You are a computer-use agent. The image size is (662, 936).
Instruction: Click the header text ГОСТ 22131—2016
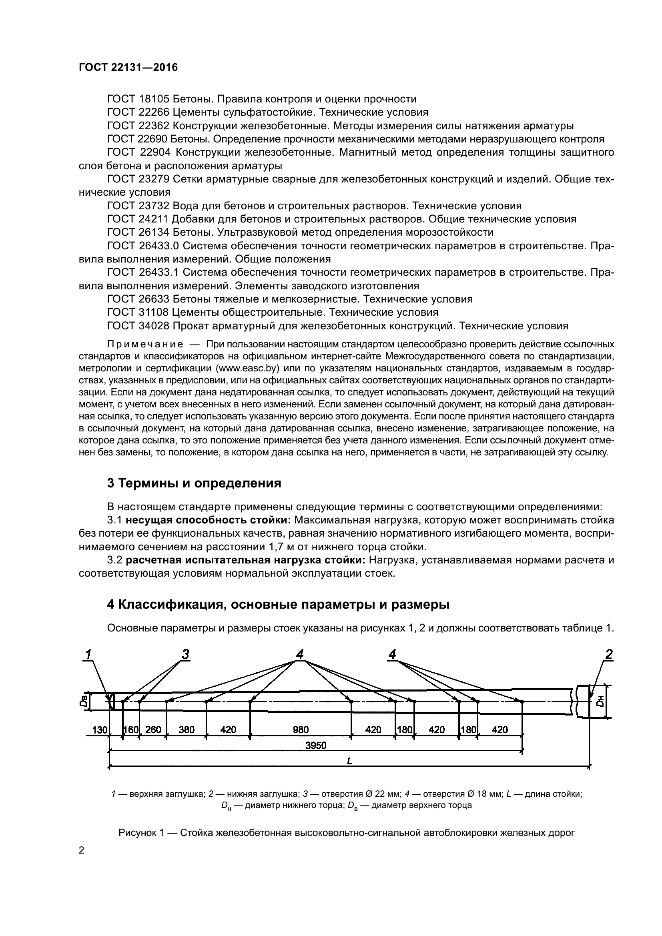click(128, 68)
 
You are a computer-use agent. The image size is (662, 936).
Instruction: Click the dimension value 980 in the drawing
click(301, 730)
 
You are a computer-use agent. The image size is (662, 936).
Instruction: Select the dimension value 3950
click(316, 746)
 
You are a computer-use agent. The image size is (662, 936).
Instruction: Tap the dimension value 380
click(186, 730)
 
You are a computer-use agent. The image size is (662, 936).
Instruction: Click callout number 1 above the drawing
click(88, 655)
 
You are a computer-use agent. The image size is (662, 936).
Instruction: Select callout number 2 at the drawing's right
click(609, 655)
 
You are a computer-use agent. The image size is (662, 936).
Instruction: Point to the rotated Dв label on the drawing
click(83, 701)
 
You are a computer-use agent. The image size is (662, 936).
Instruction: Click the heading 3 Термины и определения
click(194, 483)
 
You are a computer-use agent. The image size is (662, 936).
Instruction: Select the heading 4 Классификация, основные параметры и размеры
click(278, 605)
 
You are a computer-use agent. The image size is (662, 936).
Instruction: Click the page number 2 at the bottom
click(81, 850)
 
